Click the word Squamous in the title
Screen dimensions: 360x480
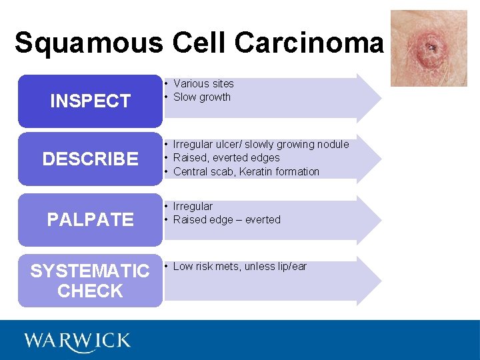coord(88,43)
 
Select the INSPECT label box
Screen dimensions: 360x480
coord(90,101)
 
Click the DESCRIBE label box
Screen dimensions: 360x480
coord(90,159)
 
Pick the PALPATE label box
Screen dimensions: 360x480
coord(90,219)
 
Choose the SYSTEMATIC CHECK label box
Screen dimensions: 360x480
coord(90,281)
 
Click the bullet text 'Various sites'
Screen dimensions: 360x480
coord(203,83)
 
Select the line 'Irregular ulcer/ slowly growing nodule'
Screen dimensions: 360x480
coord(261,144)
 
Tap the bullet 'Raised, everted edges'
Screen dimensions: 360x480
coord(226,157)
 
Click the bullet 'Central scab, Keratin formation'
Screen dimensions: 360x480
coord(246,171)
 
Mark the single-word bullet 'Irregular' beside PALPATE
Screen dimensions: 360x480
coord(193,206)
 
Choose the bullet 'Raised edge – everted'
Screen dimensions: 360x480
coord(227,219)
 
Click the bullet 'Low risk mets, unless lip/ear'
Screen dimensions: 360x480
coord(239,266)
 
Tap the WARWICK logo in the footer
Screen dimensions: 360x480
coord(77,341)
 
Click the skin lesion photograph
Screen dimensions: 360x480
coord(429,48)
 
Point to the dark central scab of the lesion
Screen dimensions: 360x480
coord(431,47)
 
